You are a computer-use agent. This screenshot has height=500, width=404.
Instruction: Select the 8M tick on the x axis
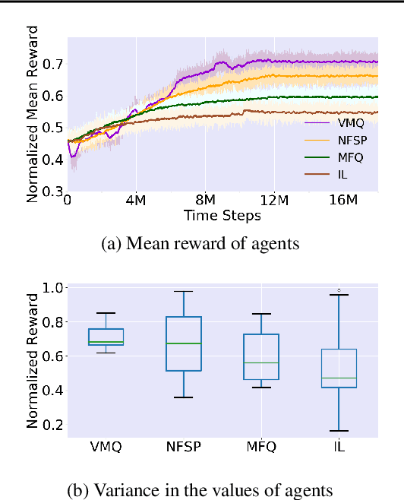205,201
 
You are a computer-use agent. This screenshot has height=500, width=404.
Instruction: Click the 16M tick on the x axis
343,201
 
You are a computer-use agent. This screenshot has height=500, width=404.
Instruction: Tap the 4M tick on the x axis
136,201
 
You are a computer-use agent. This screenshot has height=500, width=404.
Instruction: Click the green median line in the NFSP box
184,343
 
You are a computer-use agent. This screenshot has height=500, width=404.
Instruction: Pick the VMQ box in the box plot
106,337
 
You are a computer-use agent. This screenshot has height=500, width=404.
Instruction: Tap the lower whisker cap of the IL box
338,431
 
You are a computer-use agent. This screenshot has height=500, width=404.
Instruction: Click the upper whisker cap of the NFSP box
184,291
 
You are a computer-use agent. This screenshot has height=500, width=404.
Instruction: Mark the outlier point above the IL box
338,290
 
